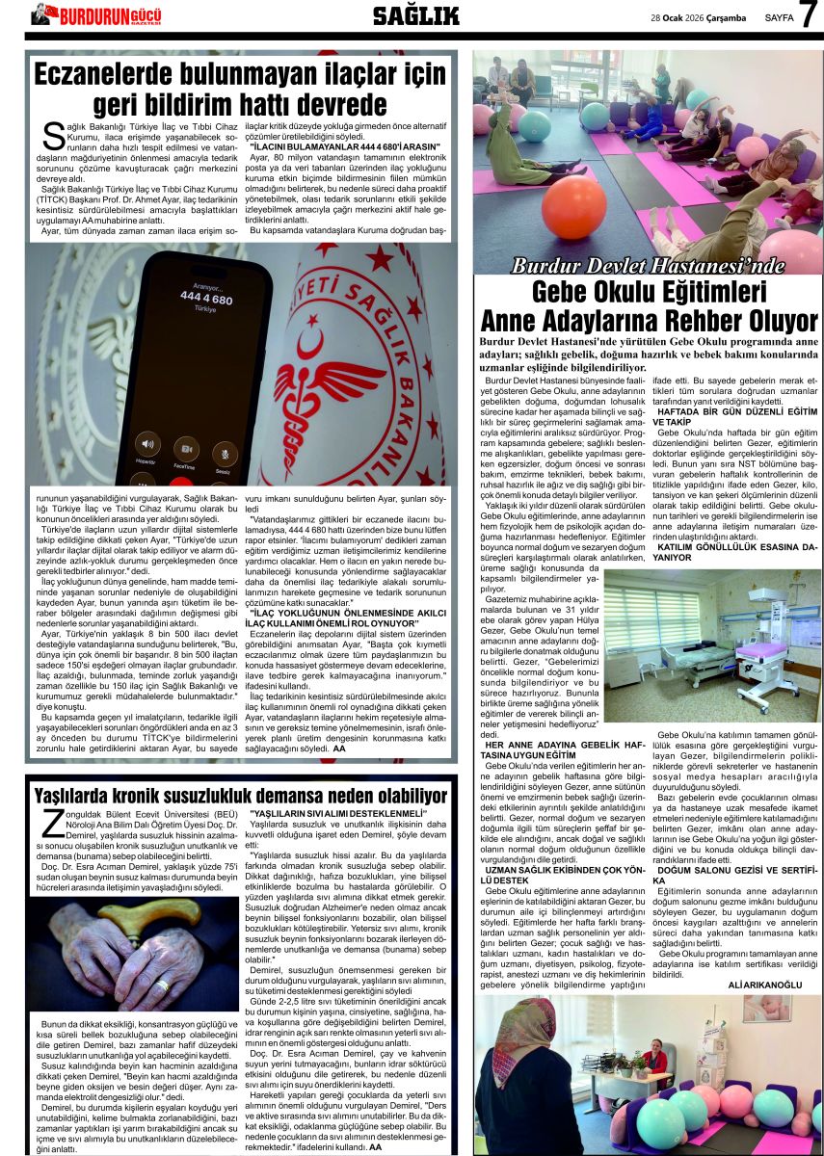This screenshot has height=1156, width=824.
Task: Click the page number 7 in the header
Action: point(808,16)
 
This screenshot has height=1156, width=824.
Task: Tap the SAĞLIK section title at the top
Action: point(415,15)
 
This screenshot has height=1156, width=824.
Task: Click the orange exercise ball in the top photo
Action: point(573,205)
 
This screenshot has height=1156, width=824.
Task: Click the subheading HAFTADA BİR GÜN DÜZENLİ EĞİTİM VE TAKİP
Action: point(735,416)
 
